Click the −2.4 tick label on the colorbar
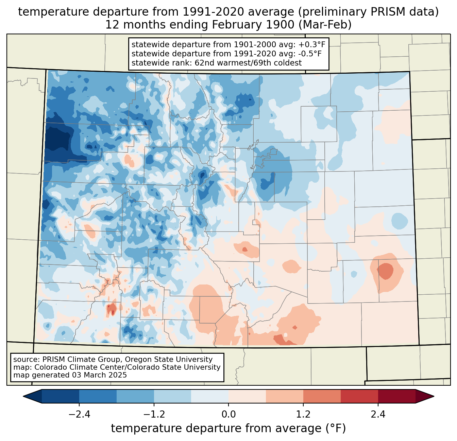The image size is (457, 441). tap(79, 415)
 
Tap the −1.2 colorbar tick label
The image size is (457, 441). tap(154, 415)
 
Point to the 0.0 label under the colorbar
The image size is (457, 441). tap(228, 415)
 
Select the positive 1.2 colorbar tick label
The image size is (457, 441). tap(303, 415)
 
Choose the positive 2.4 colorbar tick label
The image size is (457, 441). tap(378, 415)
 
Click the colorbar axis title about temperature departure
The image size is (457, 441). tap(228, 428)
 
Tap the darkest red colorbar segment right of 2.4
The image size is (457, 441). tap(396, 396)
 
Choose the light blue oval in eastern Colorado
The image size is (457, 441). tap(399, 221)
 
